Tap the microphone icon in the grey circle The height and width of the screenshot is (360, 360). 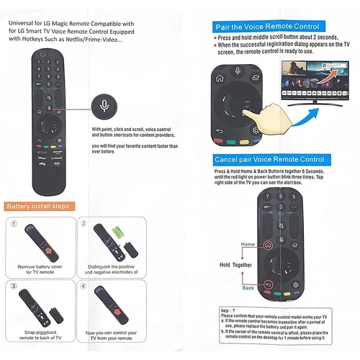tap(106, 107)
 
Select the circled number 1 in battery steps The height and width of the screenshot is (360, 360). tap(14, 223)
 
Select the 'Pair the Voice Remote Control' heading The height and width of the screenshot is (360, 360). tap(257, 27)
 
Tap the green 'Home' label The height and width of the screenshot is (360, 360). tap(248, 245)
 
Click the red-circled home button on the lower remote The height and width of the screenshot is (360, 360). tap(267, 245)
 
